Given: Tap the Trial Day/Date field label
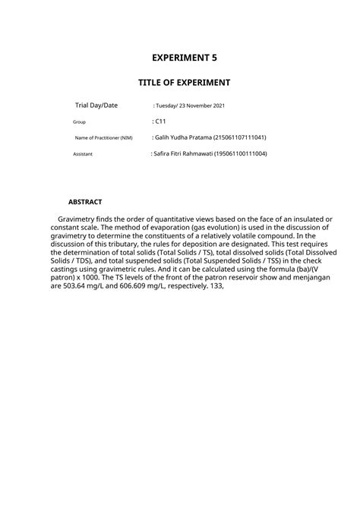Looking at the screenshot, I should pos(96,106).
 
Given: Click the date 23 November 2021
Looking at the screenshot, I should pos(201,106).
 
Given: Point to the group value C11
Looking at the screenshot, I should pos(160,121).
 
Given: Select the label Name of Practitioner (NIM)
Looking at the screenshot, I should pos(103,137).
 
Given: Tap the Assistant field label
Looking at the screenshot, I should pos(82,154).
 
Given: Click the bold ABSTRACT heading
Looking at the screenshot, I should pos(84,203).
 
